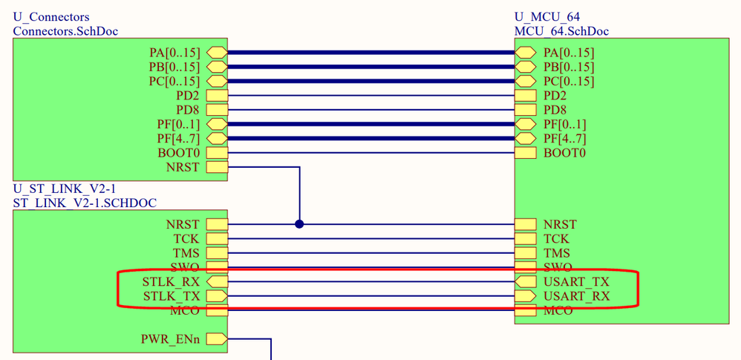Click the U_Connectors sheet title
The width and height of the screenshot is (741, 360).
(x=51, y=17)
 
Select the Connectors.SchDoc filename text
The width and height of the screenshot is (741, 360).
(x=65, y=31)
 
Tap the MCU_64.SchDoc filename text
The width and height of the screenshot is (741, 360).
(x=562, y=31)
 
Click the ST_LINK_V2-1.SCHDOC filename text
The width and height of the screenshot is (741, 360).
(x=85, y=203)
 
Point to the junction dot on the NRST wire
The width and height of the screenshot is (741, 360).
(x=299, y=224)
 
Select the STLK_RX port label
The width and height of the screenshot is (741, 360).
(x=171, y=282)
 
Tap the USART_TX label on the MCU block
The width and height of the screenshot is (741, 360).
(x=577, y=282)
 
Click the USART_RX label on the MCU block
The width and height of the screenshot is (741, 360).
(x=577, y=296)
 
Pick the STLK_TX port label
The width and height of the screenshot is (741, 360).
(x=171, y=296)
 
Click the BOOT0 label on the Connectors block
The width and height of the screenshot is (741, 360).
(x=178, y=153)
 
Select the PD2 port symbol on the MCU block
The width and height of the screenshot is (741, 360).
(x=525, y=96)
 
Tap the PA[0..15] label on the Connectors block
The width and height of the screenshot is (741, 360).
(x=174, y=53)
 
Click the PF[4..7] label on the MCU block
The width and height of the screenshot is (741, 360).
(x=565, y=139)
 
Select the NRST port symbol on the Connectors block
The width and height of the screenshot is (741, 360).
(x=217, y=167)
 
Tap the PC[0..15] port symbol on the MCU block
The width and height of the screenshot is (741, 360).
(x=525, y=81)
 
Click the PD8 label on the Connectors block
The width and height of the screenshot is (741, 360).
(x=186, y=110)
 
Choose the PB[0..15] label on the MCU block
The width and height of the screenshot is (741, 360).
(x=569, y=67)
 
